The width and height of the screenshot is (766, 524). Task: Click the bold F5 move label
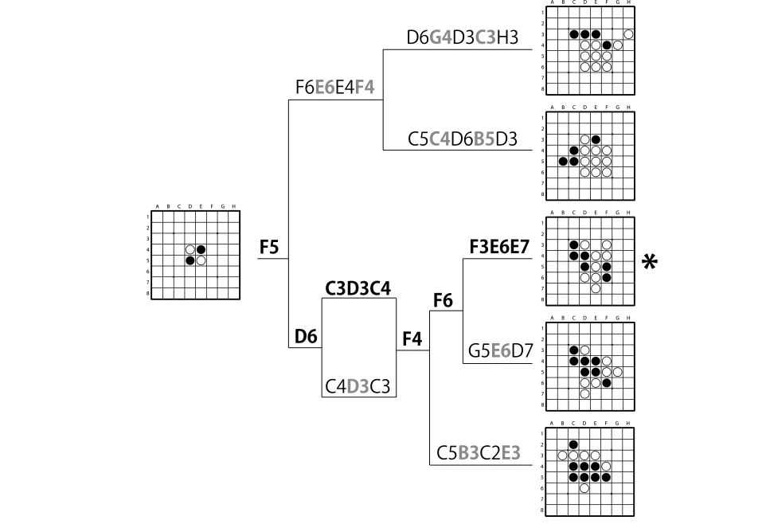(x=269, y=248)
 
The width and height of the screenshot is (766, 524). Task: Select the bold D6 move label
(x=306, y=337)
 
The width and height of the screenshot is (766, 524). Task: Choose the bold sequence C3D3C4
(x=358, y=287)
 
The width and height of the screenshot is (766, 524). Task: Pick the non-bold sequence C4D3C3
(x=358, y=386)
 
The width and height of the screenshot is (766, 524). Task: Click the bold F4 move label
(x=412, y=338)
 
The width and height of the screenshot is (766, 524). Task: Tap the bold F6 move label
(x=443, y=299)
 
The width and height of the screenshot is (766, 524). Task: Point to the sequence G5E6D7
(x=500, y=350)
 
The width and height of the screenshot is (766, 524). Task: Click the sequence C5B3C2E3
(x=479, y=452)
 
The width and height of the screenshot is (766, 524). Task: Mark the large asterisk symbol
(x=650, y=262)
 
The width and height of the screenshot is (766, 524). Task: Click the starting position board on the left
(x=195, y=255)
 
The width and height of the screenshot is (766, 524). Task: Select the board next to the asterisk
(x=590, y=260)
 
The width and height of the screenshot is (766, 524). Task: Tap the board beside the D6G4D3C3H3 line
(x=590, y=50)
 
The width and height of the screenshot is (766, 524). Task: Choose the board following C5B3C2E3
(x=590, y=471)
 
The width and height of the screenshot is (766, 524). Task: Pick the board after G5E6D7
(x=590, y=366)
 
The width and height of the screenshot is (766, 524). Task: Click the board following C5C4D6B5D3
(x=590, y=155)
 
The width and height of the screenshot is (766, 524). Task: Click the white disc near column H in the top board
(x=629, y=34)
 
